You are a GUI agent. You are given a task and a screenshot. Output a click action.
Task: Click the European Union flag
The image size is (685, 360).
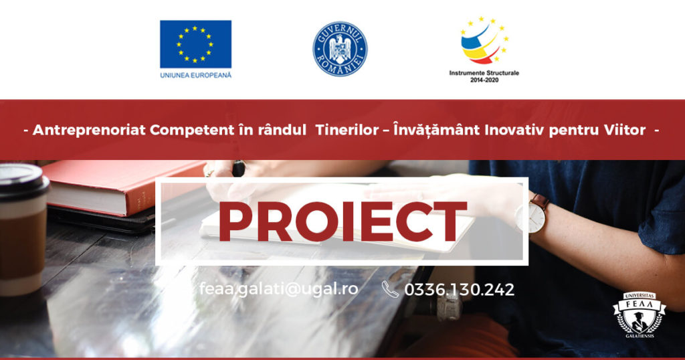[x=196, y=44]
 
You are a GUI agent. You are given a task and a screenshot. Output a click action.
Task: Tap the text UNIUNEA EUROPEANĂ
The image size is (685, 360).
[x=196, y=75]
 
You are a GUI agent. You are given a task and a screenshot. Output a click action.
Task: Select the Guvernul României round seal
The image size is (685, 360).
[x=340, y=49]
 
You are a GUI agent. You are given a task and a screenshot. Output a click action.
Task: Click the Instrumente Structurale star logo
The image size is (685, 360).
[x=484, y=40]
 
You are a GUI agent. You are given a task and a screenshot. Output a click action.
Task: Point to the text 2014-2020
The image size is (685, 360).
[x=484, y=80]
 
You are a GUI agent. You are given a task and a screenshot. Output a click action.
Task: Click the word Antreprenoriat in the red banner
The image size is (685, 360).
[x=89, y=130]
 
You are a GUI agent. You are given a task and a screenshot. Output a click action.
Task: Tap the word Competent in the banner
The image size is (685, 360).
[x=192, y=130]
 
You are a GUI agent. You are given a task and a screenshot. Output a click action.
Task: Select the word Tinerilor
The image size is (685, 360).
[x=347, y=130]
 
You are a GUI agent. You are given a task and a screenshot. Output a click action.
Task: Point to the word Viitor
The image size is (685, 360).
[x=625, y=130]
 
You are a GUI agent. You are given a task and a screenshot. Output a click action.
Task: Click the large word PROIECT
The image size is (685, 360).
[x=342, y=222]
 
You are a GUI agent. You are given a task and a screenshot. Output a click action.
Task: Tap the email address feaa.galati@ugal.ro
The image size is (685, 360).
[x=279, y=289]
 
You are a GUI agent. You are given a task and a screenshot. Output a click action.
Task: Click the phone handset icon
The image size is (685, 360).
[x=390, y=289]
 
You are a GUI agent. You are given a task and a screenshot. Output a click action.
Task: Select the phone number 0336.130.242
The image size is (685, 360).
[x=460, y=290]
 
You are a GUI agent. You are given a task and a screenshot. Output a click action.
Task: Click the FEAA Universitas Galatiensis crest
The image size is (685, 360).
[x=640, y=314]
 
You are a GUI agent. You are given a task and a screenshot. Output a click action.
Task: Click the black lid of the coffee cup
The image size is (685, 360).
[x=23, y=181]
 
